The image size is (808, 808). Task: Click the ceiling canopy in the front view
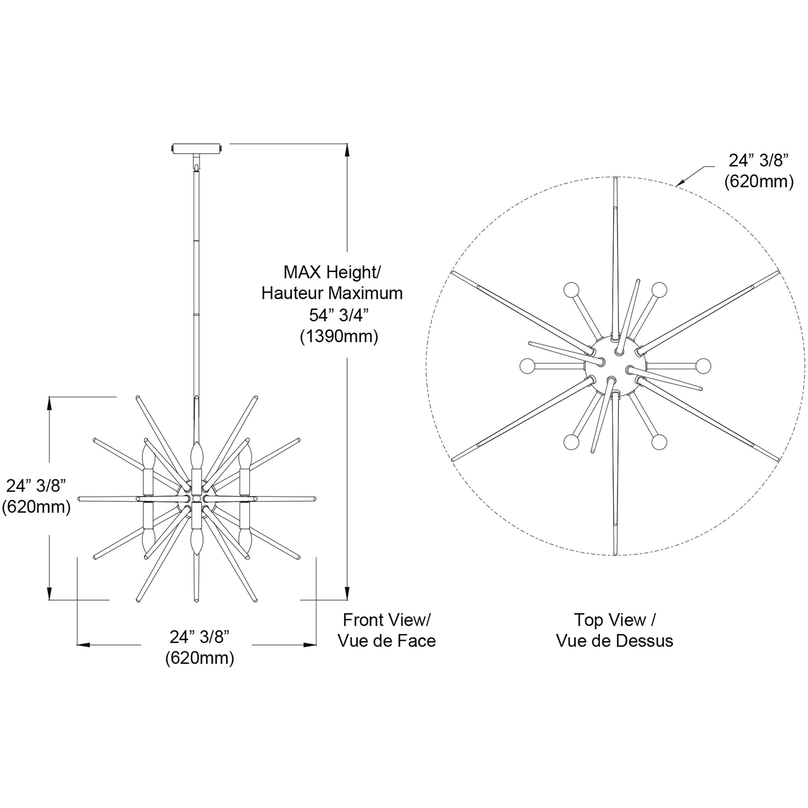point(196,148)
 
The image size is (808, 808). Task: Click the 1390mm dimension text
point(339,337)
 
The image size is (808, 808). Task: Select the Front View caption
point(387,620)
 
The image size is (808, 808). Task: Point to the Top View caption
point(615,620)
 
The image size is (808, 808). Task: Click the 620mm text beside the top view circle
point(759,182)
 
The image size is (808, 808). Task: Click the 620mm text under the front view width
point(200,658)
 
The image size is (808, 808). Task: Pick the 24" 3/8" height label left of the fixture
point(36,485)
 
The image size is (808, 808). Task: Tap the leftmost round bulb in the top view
point(527,366)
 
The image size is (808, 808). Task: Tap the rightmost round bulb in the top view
point(703,366)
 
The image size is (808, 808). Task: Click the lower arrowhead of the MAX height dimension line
point(346,594)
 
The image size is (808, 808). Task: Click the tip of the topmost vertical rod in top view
point(615,179)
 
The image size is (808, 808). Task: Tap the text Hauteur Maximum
point(332,293)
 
